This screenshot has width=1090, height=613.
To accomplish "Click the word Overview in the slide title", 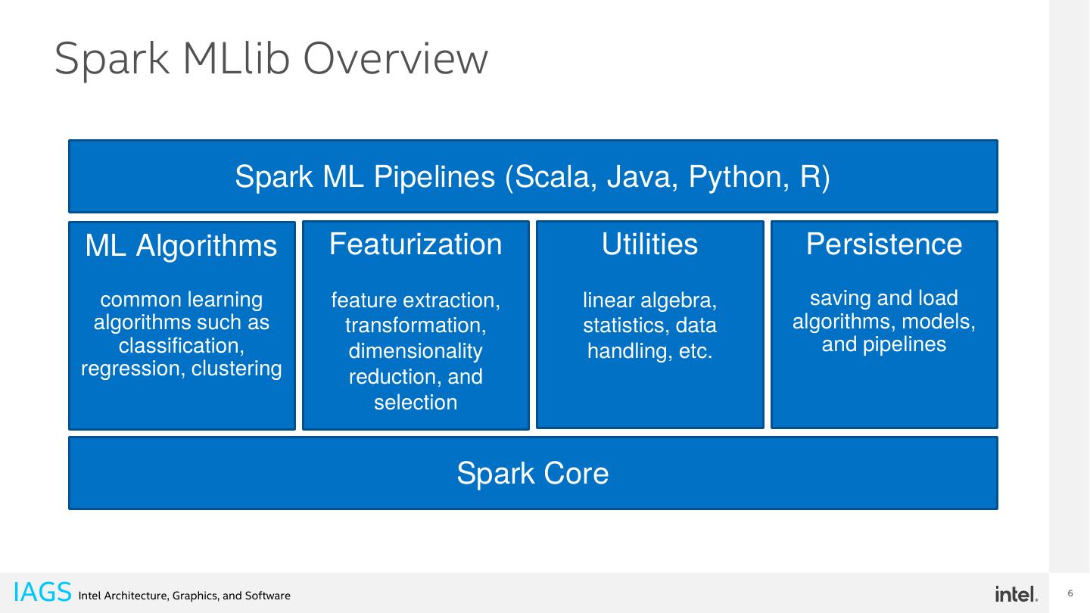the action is tap(395, 59).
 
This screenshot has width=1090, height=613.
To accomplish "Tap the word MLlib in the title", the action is tap(236, 59).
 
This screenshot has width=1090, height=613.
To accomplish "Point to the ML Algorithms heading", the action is tap(181, 246).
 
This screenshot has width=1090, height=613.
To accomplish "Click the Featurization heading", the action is tap(416, 244).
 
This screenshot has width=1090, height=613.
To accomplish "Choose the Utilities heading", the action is tap(649, 244).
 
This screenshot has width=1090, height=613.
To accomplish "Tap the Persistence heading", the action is tap(884, 244).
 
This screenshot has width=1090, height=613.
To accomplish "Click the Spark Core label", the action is tap(533, 474).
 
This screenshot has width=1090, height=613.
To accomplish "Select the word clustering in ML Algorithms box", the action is tap(236, 369).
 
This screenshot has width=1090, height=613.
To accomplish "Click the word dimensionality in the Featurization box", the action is tap(416, 351).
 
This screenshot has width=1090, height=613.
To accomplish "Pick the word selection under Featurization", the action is tap(416, 403).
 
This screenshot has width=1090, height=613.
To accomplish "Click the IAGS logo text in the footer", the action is tap(42, 593).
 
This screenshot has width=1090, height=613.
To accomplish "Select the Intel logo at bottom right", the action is tap(1016, 594).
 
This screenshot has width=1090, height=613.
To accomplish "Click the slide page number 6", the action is tap(1070, 593).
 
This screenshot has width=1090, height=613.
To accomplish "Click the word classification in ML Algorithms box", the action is tap(181, 345).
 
